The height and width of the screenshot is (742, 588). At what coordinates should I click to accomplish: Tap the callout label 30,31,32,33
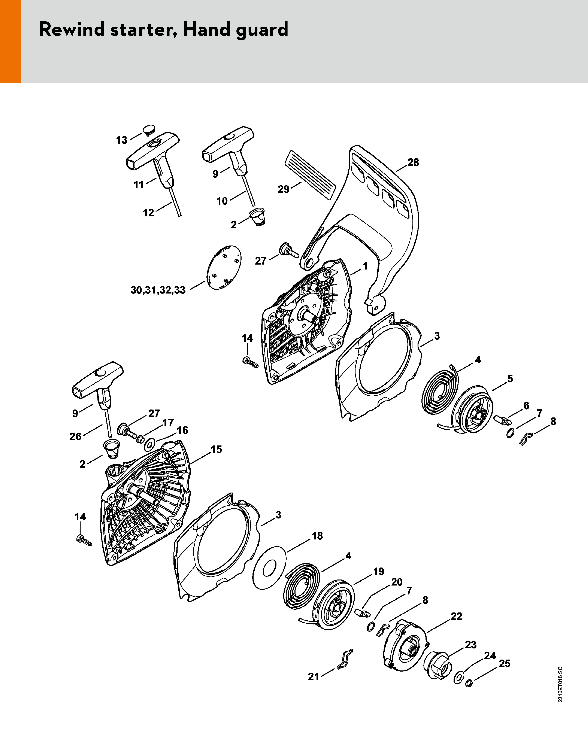[x=158, y=290]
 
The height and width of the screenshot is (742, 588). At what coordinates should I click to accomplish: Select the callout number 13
[x=121, y=140]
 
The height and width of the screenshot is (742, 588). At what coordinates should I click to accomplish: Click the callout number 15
[x=216, y=449]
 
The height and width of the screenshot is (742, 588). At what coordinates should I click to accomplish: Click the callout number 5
[x=510, y=379]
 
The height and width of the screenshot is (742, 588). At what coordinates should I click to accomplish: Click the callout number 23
[x=471, y=645]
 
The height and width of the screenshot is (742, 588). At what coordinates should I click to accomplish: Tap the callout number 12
[x=149, y=213]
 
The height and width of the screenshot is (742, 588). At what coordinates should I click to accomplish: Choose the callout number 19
[x=379, y=572]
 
